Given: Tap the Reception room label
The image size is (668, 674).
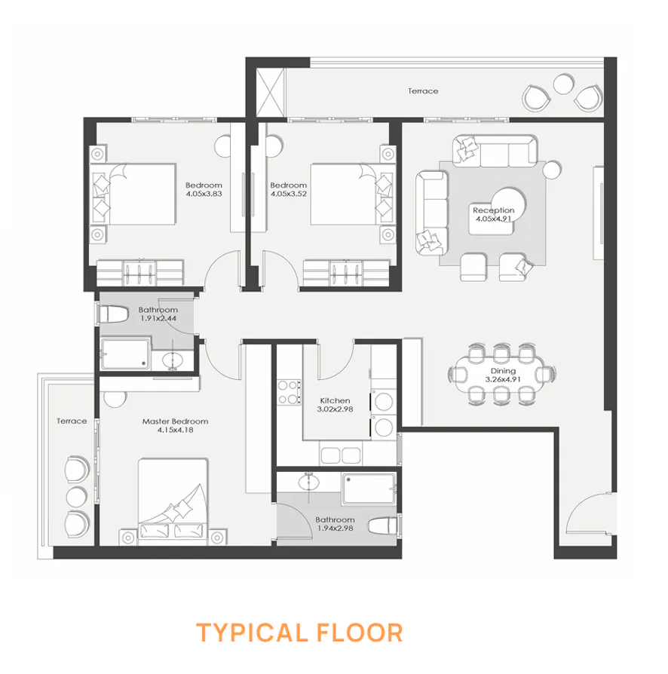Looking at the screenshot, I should (494, 210).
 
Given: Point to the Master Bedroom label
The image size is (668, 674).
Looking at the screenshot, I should (175, 421).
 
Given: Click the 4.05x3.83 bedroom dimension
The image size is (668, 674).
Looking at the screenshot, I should (204, 195).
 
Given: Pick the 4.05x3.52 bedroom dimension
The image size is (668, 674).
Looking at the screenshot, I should (289, 195).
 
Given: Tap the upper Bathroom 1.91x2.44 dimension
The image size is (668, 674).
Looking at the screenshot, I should (158, 319).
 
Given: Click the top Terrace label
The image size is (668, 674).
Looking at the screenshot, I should (423, 91).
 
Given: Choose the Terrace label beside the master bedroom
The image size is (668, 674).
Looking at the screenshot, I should (72, 421).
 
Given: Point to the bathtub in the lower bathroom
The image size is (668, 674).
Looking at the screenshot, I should (368, 489).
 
